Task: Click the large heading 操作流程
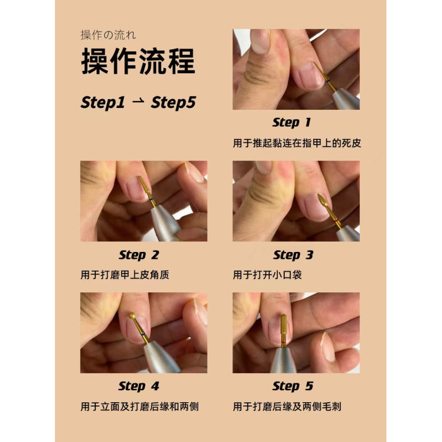[x=138, y=61]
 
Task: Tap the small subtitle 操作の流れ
[x=108, y=35]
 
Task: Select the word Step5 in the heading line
[x=173, y=102]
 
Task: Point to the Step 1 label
[x=292, y=122]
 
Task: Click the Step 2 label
[x=139, y=255]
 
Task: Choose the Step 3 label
[x=293, y=255]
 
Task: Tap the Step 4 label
[x=139, y=386]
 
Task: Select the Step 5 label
[x=293, y=386]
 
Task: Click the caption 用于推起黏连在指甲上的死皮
[x=297, y=143]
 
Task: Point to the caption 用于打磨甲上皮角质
[x=125, y=275]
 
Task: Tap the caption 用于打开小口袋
[x=267, y=275]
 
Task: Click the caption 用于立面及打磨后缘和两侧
[x=140, y=407]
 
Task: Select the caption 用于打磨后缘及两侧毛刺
[x=287, y=407]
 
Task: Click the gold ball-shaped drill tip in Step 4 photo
[x=132, y=316]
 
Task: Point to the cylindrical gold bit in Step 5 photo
[x=284, y=327]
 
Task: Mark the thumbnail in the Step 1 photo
[x=260, y=41]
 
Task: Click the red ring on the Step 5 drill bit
[x=284, y=342]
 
